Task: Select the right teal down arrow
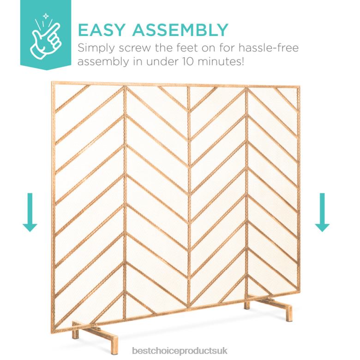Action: coord(322,212)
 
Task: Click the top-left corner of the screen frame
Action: coord(52,84)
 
